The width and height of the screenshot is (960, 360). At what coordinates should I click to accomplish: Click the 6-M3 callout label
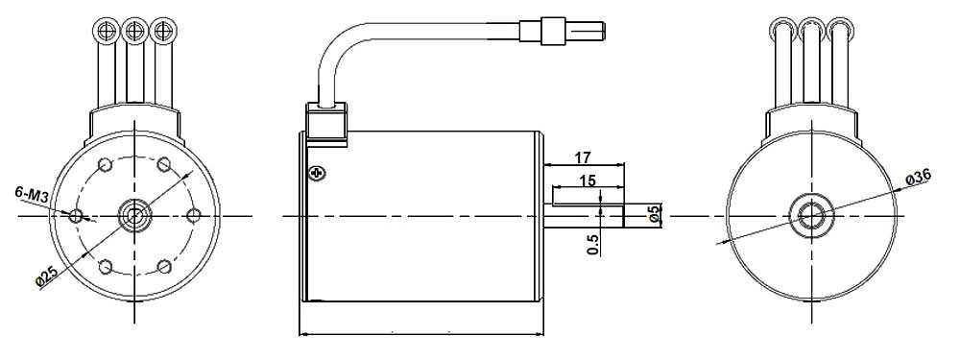click(x=31, y=195)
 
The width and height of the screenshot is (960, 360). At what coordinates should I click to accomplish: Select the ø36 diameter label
click(x=919, y=178)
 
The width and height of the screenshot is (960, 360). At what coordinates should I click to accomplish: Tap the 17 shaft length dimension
click(x=583, y=158)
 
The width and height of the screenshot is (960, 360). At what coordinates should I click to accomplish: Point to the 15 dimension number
click(x=588, y=181)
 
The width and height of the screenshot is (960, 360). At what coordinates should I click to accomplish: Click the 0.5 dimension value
click(x=592, y=243)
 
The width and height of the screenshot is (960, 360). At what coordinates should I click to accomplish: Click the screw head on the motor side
click(x=318, y=174)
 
